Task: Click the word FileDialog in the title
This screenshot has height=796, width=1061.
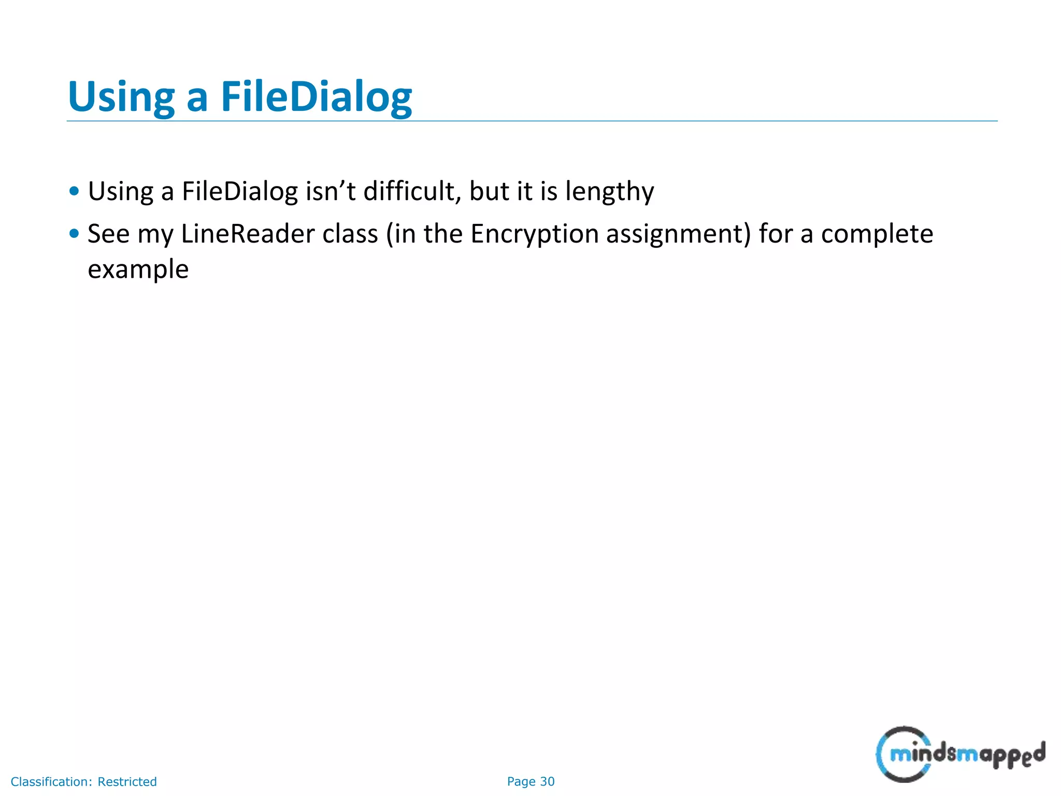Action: pos(317,97)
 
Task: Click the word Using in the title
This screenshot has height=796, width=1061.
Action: pos(121,97)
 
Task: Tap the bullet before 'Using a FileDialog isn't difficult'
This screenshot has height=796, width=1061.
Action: pos(74,191)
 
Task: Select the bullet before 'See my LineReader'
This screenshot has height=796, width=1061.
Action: pos(74,234)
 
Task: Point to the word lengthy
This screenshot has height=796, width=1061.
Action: pos(609,192)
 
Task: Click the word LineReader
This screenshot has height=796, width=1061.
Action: pos(248,234)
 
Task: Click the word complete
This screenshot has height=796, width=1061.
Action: pos(877,235)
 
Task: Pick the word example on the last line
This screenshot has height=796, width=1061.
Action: pos(138,270)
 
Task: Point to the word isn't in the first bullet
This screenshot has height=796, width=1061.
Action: pos(331,191)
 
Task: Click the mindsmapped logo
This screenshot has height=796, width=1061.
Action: pos(960,754)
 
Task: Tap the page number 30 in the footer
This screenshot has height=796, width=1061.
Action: pos(547,781)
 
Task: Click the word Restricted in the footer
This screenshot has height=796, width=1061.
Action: pos(127,781)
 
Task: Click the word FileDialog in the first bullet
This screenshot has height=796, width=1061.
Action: pos(240,191)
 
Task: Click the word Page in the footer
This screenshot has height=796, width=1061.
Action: pos(521,781)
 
